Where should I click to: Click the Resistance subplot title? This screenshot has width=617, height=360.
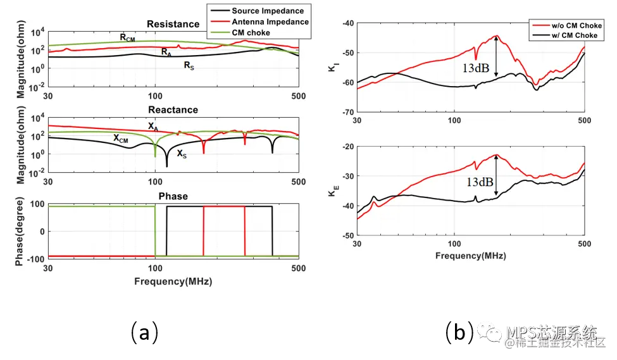click(x=173, y=24)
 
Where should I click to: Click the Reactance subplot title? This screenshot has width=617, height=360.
click(x=173, y=109)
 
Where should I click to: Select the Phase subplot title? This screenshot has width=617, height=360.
click(x=173, y=196)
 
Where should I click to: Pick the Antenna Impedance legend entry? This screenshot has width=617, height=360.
click(x=270, y=22)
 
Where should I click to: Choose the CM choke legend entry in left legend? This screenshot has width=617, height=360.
click(x=251, y=32)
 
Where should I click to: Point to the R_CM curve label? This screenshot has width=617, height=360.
click(x=127, y=38)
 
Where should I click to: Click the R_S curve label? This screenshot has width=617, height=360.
click(x=189, y=65)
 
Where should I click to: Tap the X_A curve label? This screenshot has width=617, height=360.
click(x=153, y=127)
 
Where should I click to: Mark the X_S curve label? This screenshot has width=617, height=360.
click(x=182, y=153)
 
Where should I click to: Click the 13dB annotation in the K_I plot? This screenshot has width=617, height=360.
click(x=474, y=68)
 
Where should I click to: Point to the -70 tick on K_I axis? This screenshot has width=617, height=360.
click(x=346, y=112)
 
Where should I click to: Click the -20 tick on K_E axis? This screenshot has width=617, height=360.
click(x=346, y=147)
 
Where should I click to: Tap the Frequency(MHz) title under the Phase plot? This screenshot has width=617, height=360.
click(x=173, y=281)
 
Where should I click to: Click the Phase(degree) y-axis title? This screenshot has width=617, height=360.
click(x=20, y=231)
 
